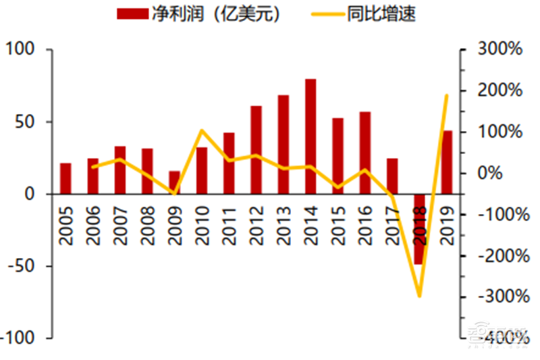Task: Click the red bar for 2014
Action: (x=310, y=136)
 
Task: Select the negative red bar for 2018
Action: (x=419, y=229)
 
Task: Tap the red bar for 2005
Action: (x=65, y=178)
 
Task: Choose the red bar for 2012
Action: (x=256, y=150)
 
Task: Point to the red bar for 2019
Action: (x=447, y=162)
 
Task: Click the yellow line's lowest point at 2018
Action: (x=419, y=296)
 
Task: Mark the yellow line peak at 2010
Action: (x=202, y=130)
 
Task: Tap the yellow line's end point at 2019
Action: (x=447, y=96)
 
